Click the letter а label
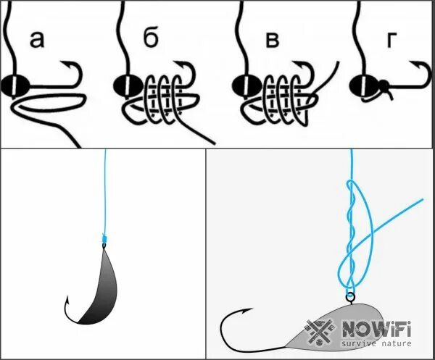point(36,41)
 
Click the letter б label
point(150,40)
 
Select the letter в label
point(272,40)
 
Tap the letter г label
point(391,41)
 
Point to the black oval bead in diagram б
point(123,85)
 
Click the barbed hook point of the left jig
point(67,299)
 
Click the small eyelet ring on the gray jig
point(350,296)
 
